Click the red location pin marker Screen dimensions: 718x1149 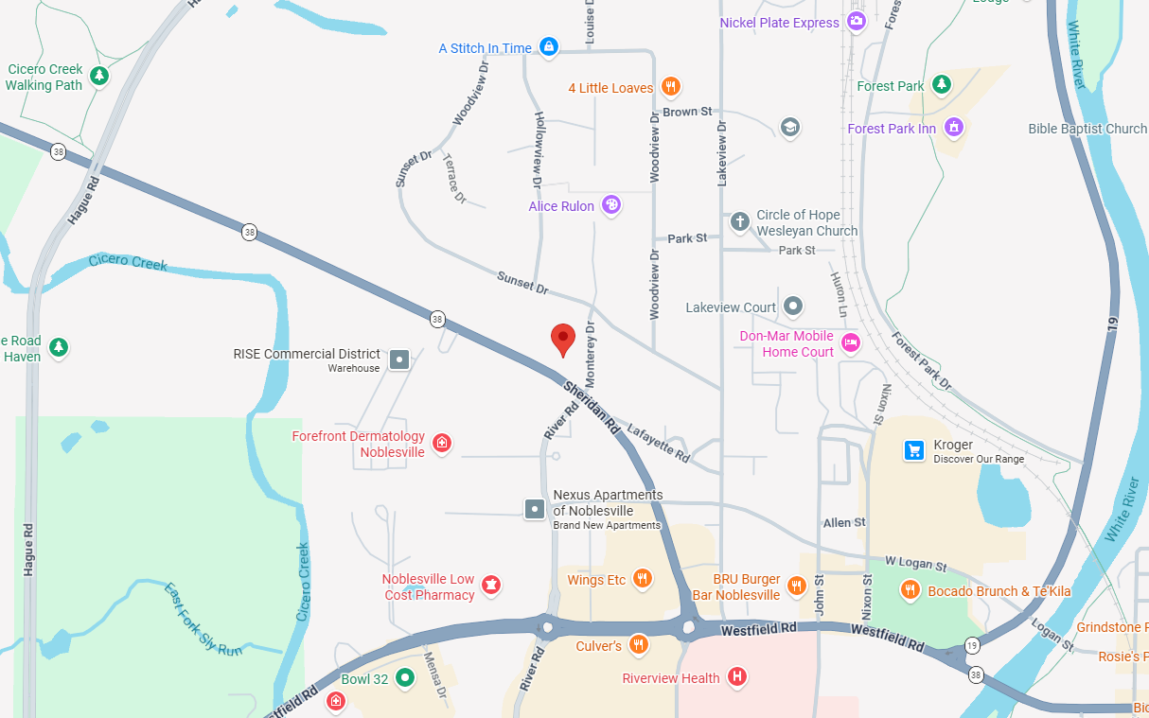563,339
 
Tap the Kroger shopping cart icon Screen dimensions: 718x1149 913,450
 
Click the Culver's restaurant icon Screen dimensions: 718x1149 639,645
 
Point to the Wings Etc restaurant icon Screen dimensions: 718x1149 643,579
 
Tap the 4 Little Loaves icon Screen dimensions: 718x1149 670,88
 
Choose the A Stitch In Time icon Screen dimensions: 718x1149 548,46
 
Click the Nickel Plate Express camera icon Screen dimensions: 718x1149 857,22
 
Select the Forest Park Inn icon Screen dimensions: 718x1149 953,127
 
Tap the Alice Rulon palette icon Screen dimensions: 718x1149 611,205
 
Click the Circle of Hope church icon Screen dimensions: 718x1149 740,222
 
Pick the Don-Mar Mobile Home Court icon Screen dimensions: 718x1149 850,343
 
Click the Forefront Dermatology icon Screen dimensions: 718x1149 441,443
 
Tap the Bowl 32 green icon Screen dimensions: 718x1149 405,678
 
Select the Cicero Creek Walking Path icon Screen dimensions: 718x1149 98,75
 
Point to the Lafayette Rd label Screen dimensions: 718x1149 657,442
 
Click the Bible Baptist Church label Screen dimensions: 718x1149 1087,129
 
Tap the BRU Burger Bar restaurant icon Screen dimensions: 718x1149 796,586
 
